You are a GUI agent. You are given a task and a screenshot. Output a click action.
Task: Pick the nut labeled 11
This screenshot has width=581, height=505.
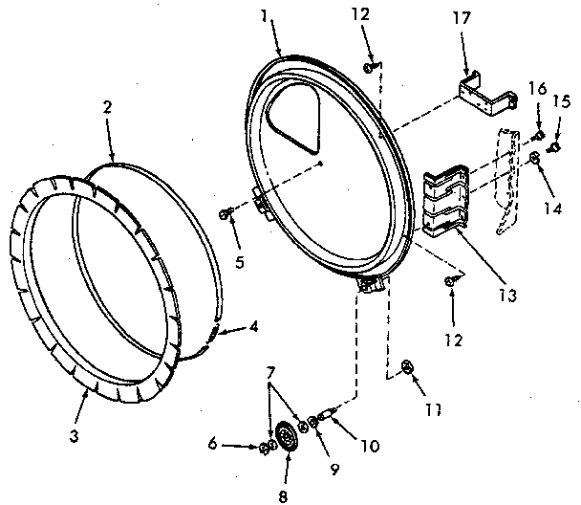click(407, 364)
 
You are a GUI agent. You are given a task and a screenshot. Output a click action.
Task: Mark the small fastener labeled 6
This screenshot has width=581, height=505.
click(263, 446)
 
